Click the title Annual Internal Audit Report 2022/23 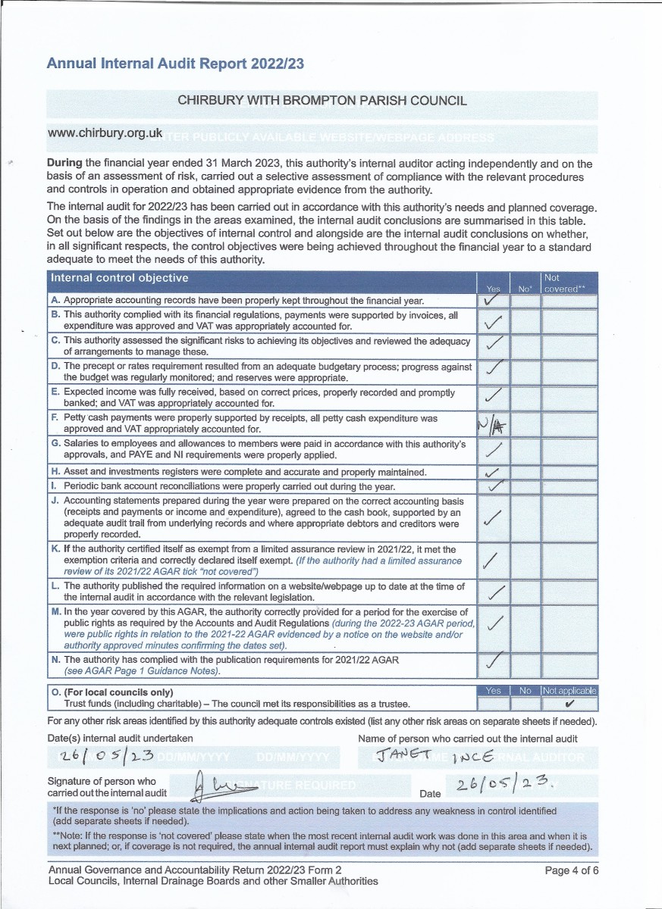[175, 64]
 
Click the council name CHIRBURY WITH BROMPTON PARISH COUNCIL [322, 100]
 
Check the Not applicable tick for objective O [569, 704]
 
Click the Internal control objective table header [119, 278]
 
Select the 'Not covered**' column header [569, 283]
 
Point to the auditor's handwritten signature [220, 783]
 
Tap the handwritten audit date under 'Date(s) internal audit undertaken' [108, 756]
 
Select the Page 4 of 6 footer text [572, 870]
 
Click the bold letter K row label [55, 549]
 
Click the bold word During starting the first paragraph [64, 163]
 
